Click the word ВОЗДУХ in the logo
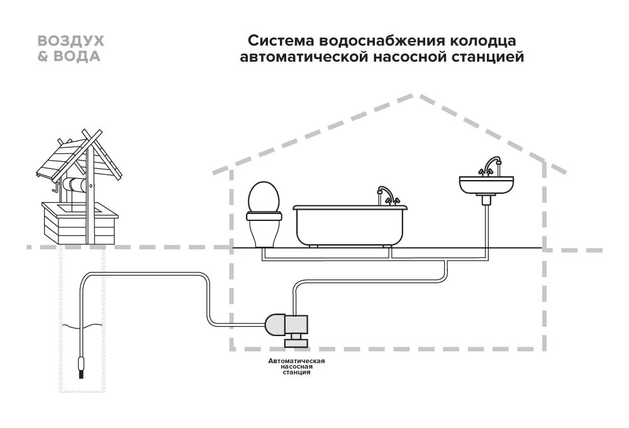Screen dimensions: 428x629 tap(71, 41)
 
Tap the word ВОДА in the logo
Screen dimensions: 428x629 tap(78, 56)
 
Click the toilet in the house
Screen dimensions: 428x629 tap(262, 213)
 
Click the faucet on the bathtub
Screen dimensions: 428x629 tap(384, 195)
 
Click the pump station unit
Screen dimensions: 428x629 tap(287, 325)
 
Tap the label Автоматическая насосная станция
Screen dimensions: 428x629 tap(296, 366)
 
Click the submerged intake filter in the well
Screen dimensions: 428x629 tap(81, 366)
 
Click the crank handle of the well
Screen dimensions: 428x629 tap(57, 188)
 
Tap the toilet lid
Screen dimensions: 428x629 tap(262, 196)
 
